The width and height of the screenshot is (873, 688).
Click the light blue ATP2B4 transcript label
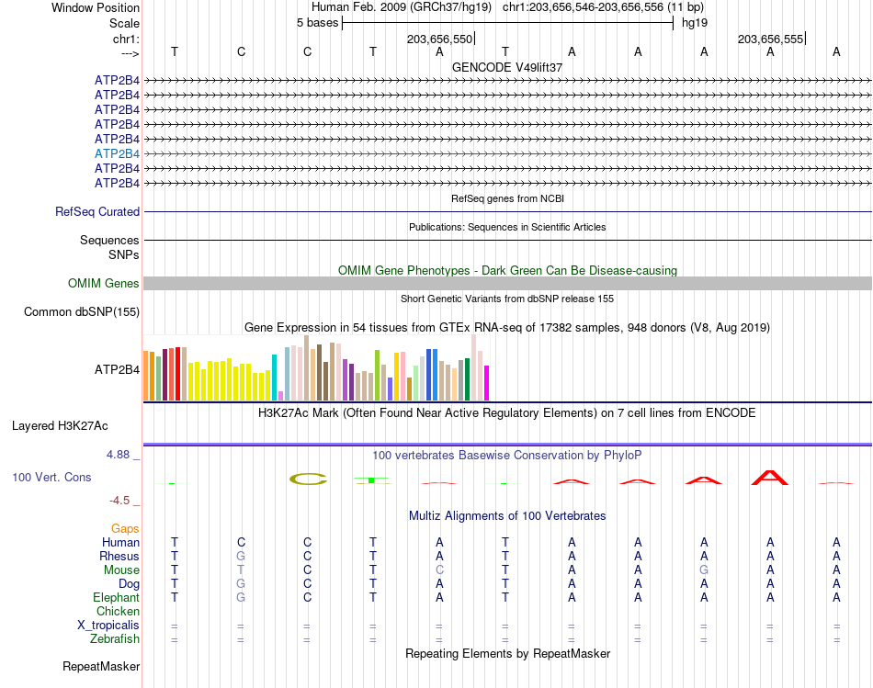click(x=117, y=153)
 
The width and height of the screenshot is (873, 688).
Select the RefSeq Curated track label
click(x=97, y=211)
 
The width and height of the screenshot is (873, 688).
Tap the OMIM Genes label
click(x=104, y=283)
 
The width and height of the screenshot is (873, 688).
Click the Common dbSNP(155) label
click(x=82, y=311)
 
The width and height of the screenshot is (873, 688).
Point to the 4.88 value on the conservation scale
click(x=118, y=455)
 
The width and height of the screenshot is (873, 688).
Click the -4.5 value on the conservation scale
click(x=119, y=501)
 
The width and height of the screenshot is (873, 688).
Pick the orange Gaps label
click(x=125, y=528)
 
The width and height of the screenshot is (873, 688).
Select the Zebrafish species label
click(x=115, y=638)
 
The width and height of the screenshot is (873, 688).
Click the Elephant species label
click(x=117, y=597)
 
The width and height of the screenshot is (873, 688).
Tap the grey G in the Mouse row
click(x=704, y=570)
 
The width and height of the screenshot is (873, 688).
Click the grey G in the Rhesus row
click(x=241, y=556)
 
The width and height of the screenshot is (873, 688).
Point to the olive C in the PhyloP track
click(x=308, y=479)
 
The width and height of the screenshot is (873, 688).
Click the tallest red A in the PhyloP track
click(x=770, y=478)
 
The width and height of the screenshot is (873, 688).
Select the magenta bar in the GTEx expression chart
click(x=487, y=383)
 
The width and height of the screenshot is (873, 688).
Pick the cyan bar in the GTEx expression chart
click(x=274, y=378)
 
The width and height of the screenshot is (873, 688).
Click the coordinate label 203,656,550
click(x=439, y=39)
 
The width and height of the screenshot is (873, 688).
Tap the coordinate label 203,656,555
click(x=770, y=39)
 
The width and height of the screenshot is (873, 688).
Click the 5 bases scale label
click(x=317, y=23)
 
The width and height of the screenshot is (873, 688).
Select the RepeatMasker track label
click(x=101, y=666)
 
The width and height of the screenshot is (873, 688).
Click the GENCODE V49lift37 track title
click(x=507, y=67)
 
